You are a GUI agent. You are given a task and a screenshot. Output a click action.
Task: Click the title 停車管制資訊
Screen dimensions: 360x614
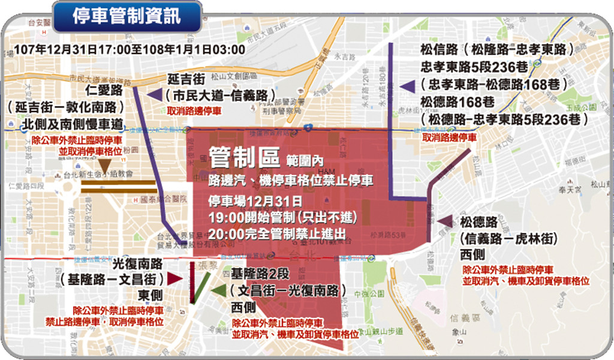[126, 16]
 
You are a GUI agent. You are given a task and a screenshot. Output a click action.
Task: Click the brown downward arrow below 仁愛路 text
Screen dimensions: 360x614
[106, 166]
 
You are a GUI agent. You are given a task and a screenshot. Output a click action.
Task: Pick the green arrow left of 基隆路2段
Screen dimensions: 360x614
[219, 290]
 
